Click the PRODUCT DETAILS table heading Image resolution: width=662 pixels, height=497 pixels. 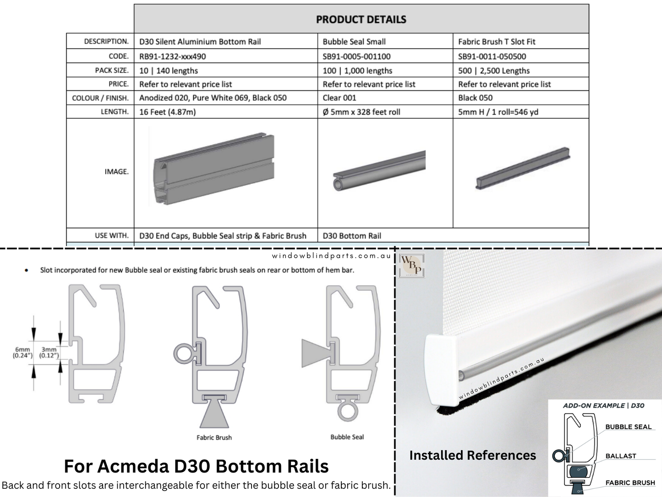pos(361,19)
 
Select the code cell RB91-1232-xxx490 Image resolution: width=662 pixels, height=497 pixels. pos(172,56)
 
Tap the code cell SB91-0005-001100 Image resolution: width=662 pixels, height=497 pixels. pos(356,56)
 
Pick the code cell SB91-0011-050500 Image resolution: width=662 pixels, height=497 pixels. pos(492,56)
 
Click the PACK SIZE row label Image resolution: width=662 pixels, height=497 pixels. pos(112,70)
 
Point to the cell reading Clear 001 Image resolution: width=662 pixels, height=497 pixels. pos(339,98)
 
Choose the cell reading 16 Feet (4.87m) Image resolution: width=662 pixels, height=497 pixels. pos(167,111)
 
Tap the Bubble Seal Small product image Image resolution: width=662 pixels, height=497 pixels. pos(379,171)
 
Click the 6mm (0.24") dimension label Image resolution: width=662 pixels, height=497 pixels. pos(22,352)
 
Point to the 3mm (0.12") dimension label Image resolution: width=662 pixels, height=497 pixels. pos(49,352)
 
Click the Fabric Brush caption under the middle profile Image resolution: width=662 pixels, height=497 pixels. pos(214,437)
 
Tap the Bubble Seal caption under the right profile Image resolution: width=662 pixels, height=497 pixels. pos(347,437)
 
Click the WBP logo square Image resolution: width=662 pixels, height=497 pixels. pos(411,265)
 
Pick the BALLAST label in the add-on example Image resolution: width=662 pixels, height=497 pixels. pos(620,456)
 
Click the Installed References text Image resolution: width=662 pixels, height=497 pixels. pos(472,455)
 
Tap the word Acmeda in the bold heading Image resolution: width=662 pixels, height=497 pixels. pos(134,466)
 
